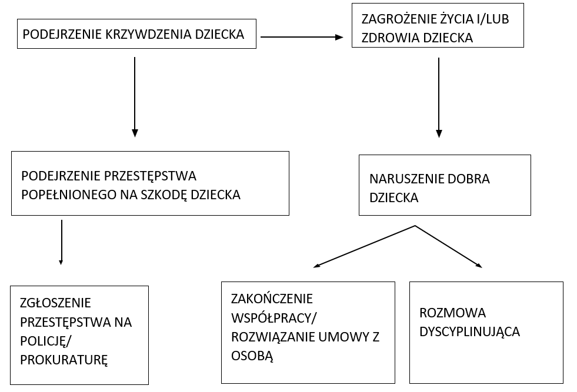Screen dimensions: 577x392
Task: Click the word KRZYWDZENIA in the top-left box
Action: [148, 34]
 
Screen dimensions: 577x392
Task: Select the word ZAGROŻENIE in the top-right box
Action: [399, 19]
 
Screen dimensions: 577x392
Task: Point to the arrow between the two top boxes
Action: [302, 37]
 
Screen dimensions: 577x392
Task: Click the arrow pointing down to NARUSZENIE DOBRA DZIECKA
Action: [439, 98]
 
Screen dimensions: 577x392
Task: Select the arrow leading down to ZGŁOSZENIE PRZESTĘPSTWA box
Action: [61, 242]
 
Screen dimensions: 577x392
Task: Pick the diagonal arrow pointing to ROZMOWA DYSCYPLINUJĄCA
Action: [449, 246]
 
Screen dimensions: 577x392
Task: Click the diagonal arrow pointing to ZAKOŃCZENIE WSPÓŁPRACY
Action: [364, 246]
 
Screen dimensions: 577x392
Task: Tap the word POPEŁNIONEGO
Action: [69, 195]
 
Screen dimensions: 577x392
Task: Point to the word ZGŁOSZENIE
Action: [55, 303]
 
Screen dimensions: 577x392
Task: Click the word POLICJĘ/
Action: [46, 341]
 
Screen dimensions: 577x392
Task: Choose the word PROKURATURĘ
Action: [64, 360]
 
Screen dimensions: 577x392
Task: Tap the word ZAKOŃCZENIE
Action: [272, 299]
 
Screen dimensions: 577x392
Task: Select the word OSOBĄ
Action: [252, 356]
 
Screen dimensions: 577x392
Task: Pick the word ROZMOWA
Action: [453, 313]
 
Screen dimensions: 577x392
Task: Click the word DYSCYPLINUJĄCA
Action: [469, 332]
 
